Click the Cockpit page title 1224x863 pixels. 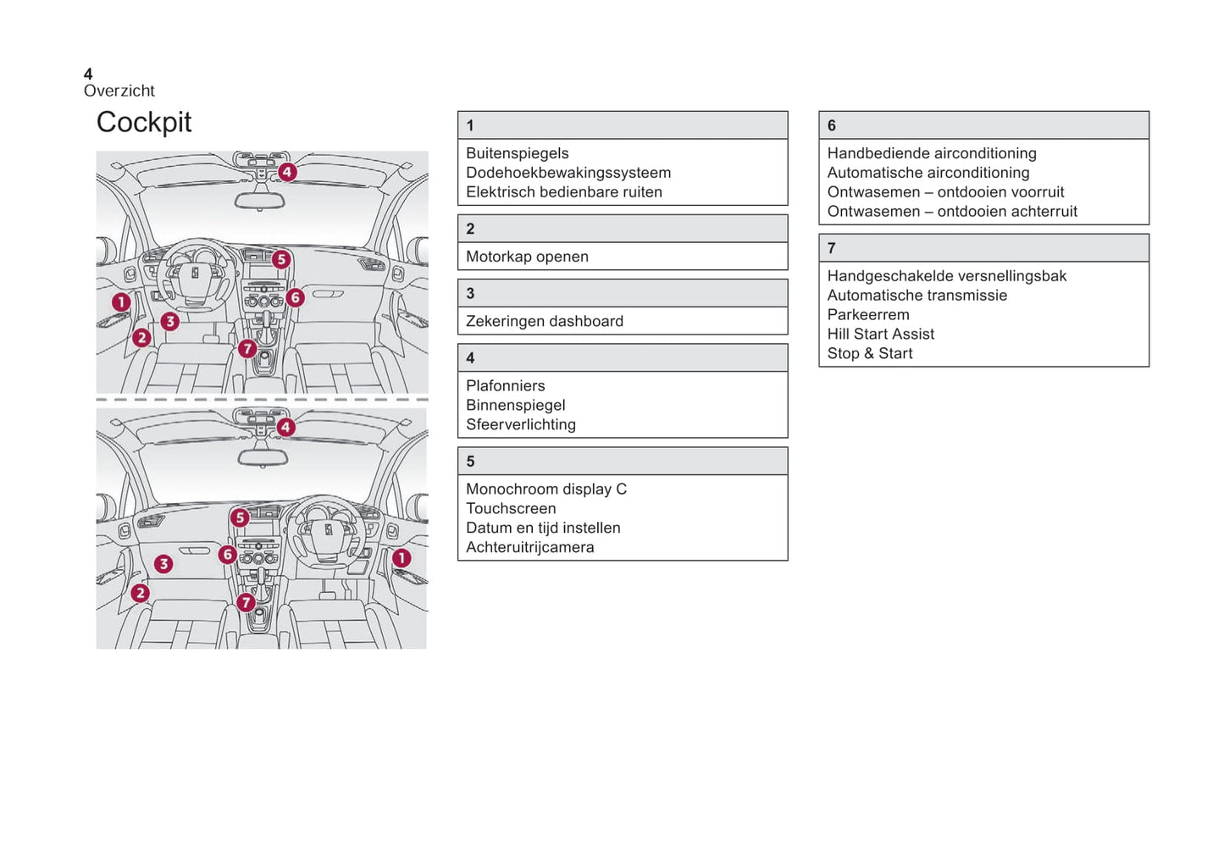tap(144, 123)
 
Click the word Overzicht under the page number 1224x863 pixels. tap(119, 91)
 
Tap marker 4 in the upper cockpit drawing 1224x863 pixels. tap(287, 172)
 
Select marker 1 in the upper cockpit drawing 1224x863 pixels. tap(121, 301)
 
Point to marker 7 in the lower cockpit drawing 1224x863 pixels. tap(246, 602)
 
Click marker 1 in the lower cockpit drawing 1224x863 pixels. tap(402, 558)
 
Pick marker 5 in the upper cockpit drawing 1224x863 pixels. tap(281, 259)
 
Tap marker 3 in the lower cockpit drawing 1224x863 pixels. tap(163, 563)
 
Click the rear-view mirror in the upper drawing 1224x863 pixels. tap(260, 201)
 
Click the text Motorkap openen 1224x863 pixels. tap(527, 257)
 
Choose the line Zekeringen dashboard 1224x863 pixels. tap(545, 321)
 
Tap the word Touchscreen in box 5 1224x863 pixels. tap(511, 508)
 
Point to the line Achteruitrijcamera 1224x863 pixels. tap(530, 547)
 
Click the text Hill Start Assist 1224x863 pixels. tap(881, 334)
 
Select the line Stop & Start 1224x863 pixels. tap(870, 353)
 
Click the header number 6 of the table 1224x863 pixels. tap(832, 125)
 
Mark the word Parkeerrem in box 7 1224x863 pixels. tap(868, 314)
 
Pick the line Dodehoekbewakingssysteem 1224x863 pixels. tap(568, 173)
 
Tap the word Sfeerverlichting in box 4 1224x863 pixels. tap(521, 424)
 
